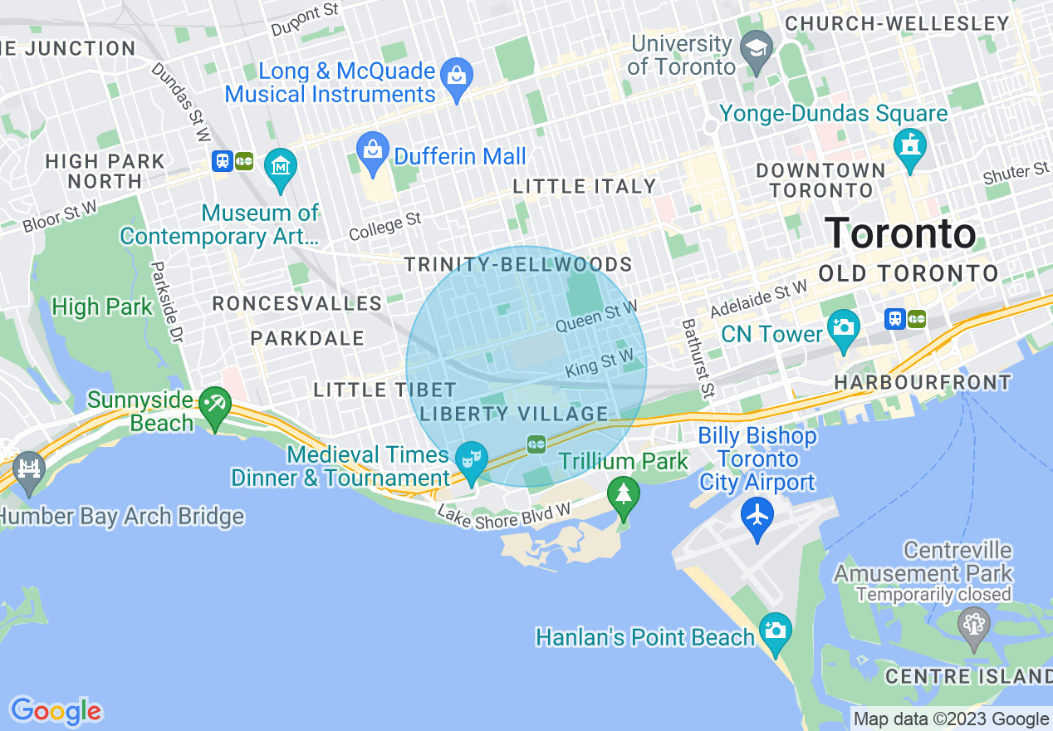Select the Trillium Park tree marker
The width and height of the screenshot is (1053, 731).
(x=623, y=494)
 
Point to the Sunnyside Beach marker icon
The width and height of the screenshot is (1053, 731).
(x=215, y=405)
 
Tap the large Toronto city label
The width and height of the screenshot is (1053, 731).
(x=900, y=233)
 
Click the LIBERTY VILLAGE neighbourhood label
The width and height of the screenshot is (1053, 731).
(x=514, y=414)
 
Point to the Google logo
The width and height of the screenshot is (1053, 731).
(x=56, y=711)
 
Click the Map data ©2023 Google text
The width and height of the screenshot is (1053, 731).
(x=951, y=719)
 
